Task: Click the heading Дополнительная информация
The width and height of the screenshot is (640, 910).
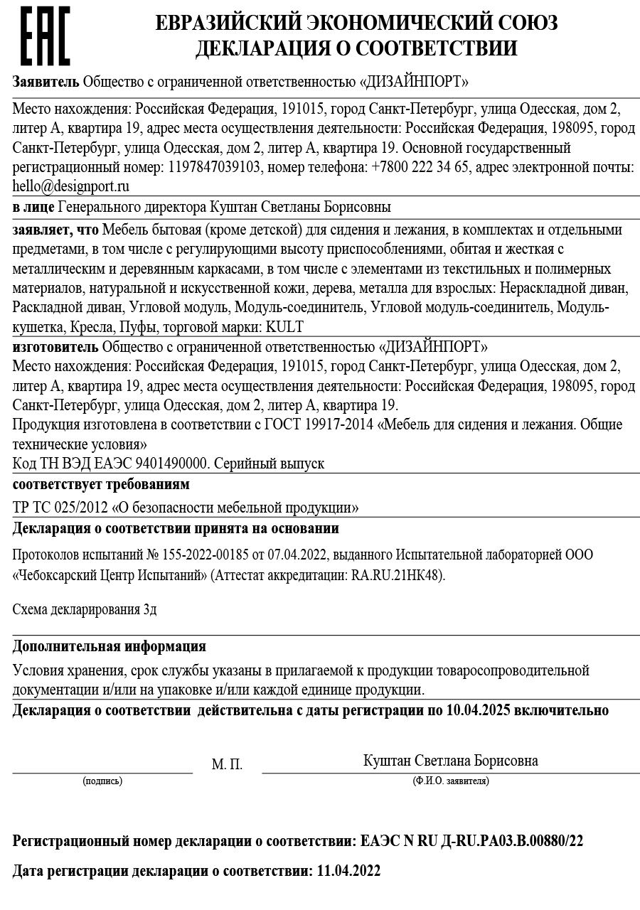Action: pos(110,647)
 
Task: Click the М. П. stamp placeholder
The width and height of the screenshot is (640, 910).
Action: pos(227,765)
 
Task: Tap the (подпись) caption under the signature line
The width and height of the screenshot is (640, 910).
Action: pos(102,781)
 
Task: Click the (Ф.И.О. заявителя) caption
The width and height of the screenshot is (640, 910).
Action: pos(450,781)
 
